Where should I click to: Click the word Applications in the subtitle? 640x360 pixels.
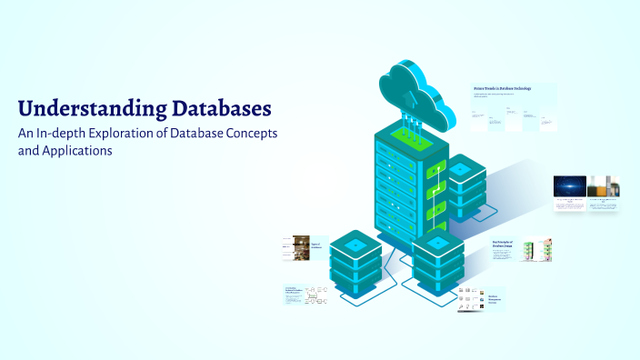pos(77,151)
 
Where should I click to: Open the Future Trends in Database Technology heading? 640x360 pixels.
pos(502,88)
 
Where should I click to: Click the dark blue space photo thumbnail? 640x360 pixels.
pos(569,185)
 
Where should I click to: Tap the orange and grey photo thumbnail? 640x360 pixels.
pos(603,185)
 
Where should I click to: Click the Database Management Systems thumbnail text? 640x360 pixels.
pos(495,299)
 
